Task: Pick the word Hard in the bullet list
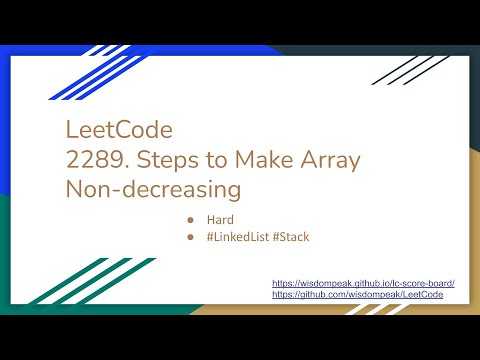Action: [220, 218]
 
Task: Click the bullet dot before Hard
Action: [189, 218]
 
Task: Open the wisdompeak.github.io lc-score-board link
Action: [363, 284]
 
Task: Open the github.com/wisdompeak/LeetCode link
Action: [363, 296]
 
